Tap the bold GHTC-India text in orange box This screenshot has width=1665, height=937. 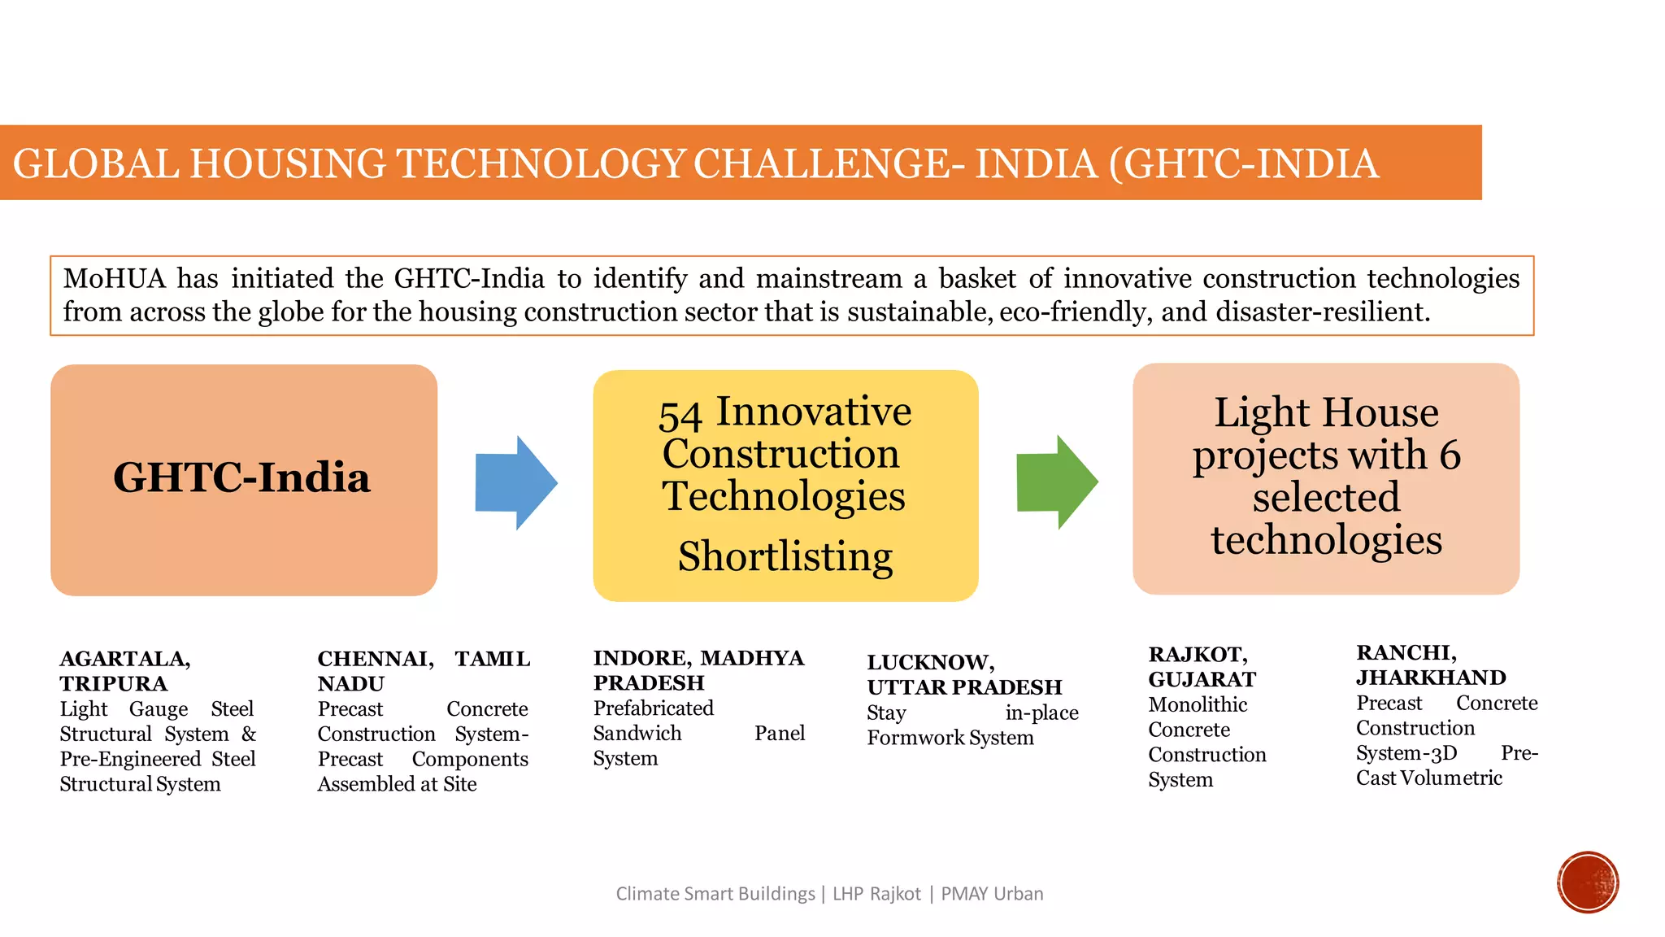[x=241, y=477]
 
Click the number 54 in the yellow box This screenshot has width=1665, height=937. [x=680, y=416]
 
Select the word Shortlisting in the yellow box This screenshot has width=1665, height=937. [x=785, y=556]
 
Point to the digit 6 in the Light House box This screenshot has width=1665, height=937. [x=1450, y=455]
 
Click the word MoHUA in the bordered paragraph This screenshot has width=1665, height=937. [x=114, y=279]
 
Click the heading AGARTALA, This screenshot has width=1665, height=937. [x=125, y=659]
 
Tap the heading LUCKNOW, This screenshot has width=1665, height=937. [x=931, y=663]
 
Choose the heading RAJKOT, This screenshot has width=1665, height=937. [x=1198, y=655]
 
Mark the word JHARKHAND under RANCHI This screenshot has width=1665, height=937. [x=1431, y=678]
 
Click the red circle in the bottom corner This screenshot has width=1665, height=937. [x=1588, y=883]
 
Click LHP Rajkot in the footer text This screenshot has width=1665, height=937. [x=876, y=894]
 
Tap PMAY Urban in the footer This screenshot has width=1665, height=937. [x=992, y=894]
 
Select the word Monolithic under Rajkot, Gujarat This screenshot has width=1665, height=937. [x=1198, y=704]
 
